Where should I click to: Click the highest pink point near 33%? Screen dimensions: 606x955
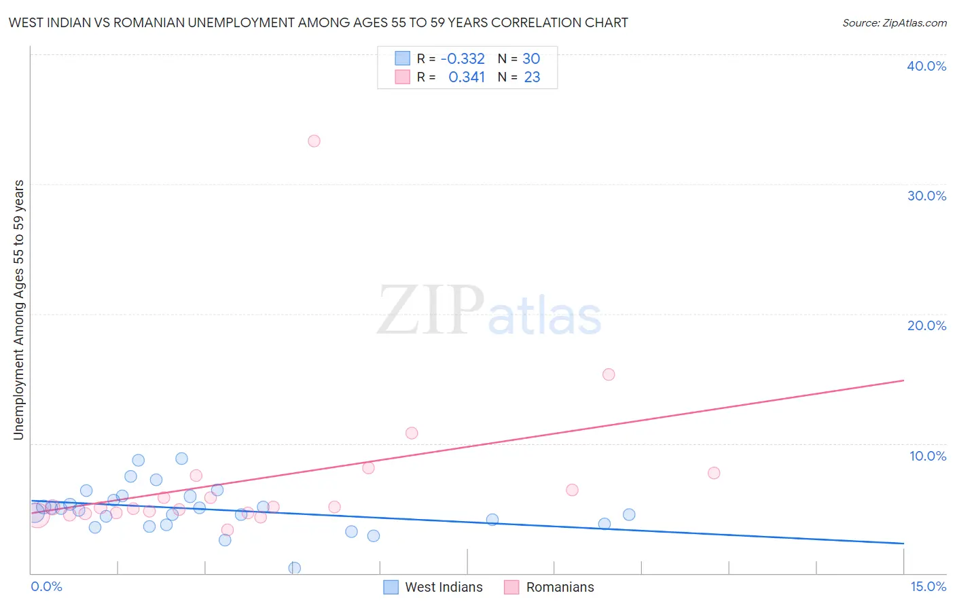pyautogui.click(x=314, y=141)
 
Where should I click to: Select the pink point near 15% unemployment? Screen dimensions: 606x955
pyautogui.click(x=609, y=374)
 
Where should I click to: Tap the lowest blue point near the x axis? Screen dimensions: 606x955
pyautogui.click(x=295, y=568)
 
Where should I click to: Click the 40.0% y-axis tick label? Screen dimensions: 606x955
pyautogui.click(x=926, y=66)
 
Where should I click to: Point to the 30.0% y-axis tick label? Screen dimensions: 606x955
pyautogui.click(x=926, y=196)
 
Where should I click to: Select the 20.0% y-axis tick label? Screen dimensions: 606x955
pyautogui.click(x=926, y=325)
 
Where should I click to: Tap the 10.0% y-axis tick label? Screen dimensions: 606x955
pyautogui.click(x=928, y=456)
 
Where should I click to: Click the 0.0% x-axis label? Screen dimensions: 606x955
pyautogui.click(x=46, y=586)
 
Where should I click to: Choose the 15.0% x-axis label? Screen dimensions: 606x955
pyautogui.click(x=928, y=586)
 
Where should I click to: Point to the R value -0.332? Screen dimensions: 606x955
pyautogui.click(x=463, y=59)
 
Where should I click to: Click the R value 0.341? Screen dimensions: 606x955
pyautogui.click(x=467, y=77)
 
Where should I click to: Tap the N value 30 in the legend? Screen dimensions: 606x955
pyautogui.click(x=531, y=59)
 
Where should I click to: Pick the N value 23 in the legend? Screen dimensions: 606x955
pyautogui.click(x=532, y=77)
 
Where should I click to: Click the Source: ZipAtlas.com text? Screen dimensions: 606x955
pyautogui.click(x=894, y=22)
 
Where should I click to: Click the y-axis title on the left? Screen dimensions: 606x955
pyautogui.click(x=18, y=310)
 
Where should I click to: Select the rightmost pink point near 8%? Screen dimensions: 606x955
pyautogui.click(x=714, y=473)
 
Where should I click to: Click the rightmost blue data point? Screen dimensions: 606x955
pyautogui.click(x=629, y=515)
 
